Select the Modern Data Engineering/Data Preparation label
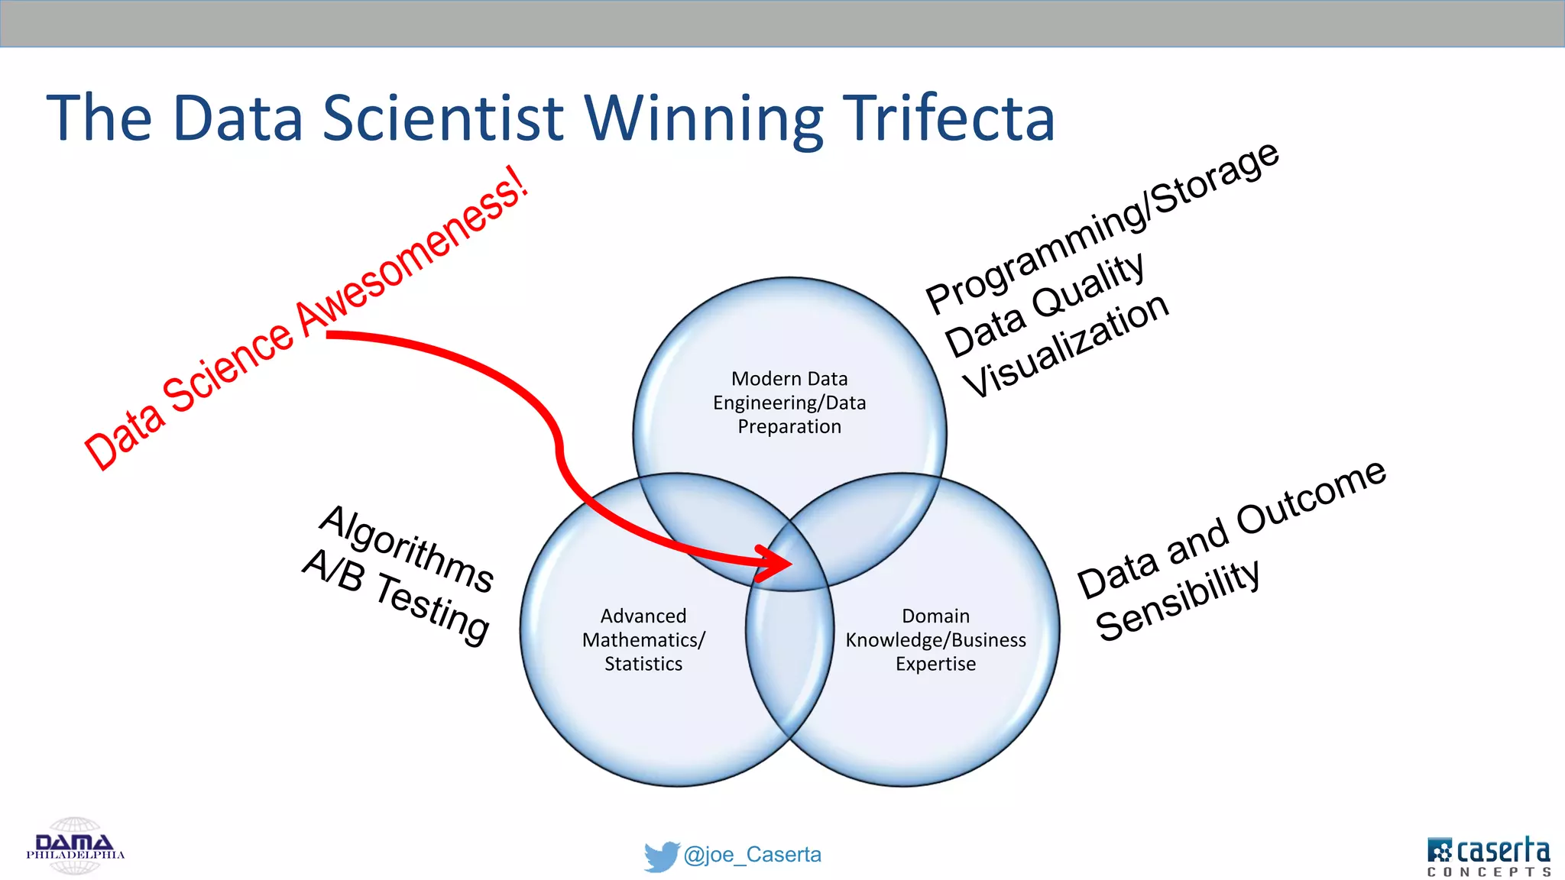pyautogui.click(x=789, y=403)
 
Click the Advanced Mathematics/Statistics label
pyautogui.click(x=643, y=639)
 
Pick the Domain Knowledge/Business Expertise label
pyautogui.click(x=935, y=639)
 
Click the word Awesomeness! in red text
pyautogui.click(x=413, y=251)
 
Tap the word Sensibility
pyautogui.click(x=1178, y=600)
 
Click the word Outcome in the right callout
pyautogui.click(x=1311, y=497)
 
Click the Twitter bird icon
pyautogui.click(x=661, y=856)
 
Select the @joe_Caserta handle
pyautogui.click(x=753, y=855)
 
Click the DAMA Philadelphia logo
pyautogui.click(x=75, y=846)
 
